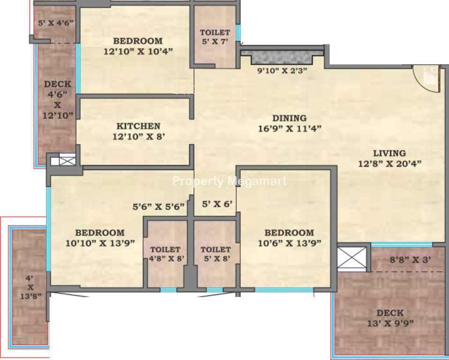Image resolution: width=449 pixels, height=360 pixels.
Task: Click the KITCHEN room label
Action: [138, 126]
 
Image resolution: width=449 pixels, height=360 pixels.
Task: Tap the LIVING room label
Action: [389, 153]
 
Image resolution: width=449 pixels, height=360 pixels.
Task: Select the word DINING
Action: [290, 118]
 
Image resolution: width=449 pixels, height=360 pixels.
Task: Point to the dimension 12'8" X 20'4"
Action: [390, 164]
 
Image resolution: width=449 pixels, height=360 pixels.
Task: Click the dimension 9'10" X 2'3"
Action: [282, 71]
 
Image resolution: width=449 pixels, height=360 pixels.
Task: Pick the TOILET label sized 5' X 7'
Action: [215, 32]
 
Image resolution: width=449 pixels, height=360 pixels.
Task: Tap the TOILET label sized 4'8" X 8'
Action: [165, 249]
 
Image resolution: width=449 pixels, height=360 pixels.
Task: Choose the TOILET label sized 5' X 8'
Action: [215, 249]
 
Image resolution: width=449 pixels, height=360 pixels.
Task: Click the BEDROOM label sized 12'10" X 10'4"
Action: [138, 41]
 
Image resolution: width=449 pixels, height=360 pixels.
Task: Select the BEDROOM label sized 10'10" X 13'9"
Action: [100, 232]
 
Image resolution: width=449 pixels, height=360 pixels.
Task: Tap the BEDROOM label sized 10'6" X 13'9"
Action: [289, 232]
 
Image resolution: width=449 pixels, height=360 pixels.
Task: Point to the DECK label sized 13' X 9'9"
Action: [390, 313]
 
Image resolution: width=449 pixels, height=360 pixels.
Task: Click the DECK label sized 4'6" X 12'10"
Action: [58, 84]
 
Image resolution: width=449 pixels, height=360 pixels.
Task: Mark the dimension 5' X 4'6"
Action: [56, 23]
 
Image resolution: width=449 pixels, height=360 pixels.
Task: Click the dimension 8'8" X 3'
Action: [411, 260]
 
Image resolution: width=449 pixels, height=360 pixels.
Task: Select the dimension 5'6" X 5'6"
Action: [158, 207]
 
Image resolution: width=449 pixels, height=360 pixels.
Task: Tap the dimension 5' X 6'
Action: [217, 204]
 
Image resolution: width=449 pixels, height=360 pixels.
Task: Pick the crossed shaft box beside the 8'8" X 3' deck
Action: [352, 260]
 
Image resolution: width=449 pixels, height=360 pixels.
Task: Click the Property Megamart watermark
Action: [229, 181]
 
